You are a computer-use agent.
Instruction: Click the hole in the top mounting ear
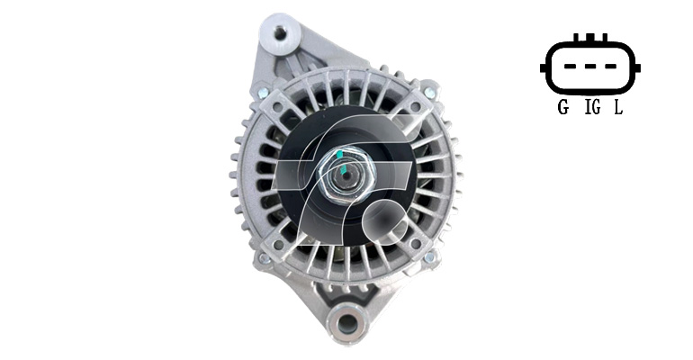280,32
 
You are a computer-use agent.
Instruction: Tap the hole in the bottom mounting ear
346,323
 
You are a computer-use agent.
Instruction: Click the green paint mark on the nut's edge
338,154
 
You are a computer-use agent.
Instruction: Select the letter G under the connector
563,107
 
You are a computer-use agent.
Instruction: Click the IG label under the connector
593,107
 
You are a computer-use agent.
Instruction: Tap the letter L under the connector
618,107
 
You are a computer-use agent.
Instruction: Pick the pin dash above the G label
570,67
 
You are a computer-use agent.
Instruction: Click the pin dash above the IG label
590,67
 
